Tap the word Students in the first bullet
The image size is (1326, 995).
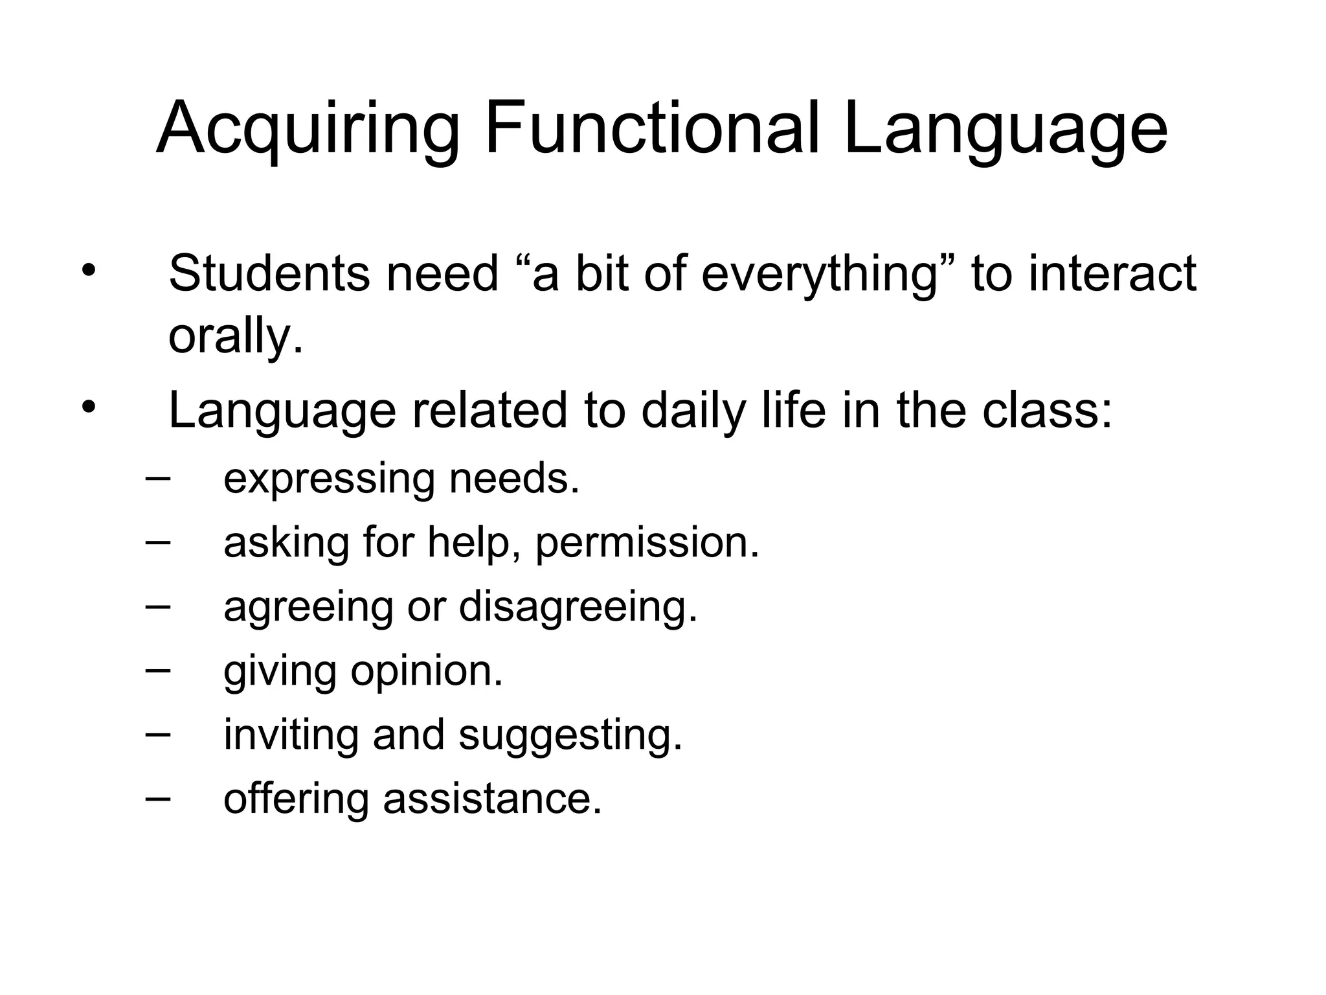(269, 273)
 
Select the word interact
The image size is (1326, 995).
(1112, 273)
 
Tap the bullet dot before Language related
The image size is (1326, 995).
(89, 407)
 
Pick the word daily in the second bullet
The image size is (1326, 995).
(693, 412)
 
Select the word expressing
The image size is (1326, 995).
(329, 481)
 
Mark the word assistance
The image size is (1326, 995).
(492, 799)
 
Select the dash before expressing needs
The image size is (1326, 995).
(159, 479)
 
